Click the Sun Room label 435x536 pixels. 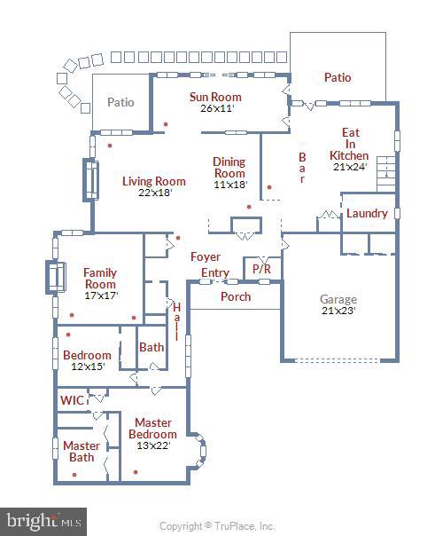(x=215, y=97)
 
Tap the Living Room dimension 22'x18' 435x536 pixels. (x=154, y=193)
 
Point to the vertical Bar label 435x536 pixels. (x=302, y=166)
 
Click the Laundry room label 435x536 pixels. (x=367, y=214)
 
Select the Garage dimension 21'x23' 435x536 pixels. (x=338, y=311)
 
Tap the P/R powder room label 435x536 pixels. (x=261, y=268)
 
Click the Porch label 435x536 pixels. (x=236, y=296)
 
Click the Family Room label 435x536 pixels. (x=100, y=279)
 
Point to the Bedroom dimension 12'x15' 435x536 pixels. (x=87, y=367)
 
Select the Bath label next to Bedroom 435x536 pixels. (x=151, y=347)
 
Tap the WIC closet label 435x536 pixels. (x=73, y=400)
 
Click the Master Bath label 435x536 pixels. (x=81, y=451)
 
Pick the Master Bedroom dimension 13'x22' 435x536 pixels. (x=152, y=445)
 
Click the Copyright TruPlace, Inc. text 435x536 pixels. (x=217, y=525)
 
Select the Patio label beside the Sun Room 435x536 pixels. (x=120, y=102)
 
